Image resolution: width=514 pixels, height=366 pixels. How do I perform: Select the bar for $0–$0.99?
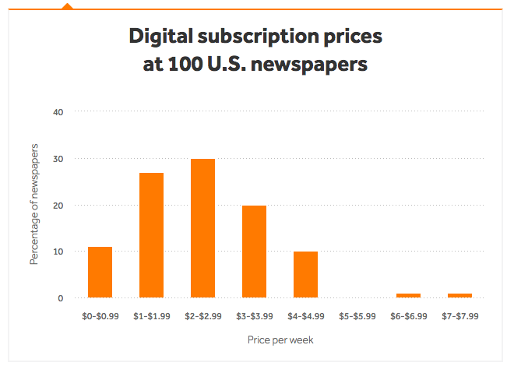point(100,272)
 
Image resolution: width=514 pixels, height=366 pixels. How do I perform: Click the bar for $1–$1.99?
point(151,235)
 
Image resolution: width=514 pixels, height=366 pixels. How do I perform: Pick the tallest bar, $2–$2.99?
point(202,228)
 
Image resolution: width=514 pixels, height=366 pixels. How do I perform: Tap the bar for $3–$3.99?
point(254,252)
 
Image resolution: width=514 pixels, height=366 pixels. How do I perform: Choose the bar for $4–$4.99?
point(305,274)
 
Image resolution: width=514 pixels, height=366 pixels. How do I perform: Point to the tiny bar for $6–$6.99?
point(408,295)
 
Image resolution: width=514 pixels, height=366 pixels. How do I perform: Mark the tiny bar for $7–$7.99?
point(459,295)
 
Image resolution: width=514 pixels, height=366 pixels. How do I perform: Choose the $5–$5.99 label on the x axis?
point(357,317)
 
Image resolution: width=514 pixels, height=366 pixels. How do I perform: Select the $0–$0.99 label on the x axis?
point(100,317)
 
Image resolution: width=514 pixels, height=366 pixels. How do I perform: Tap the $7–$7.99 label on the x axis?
point(459,317)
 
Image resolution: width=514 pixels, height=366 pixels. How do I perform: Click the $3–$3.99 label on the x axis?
point(254,317)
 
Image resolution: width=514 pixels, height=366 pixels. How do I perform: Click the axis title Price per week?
point(280,340)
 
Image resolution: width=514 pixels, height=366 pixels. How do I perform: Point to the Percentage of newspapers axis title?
point(34,205)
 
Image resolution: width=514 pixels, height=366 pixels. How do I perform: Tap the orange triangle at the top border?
point(67,5)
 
